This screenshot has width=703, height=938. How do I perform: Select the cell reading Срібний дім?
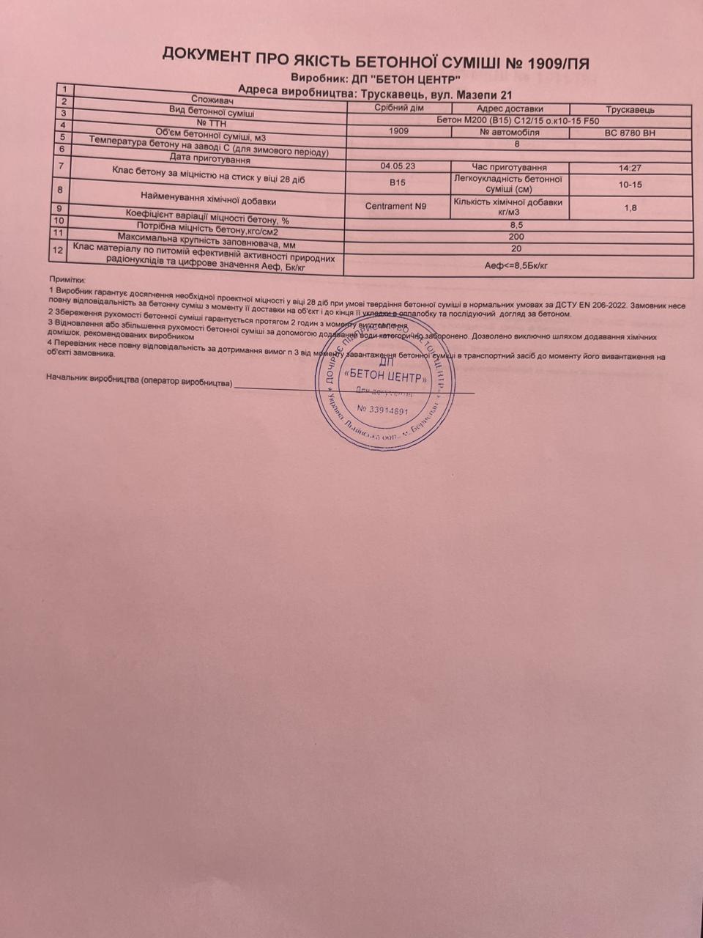pyautogui.click(x=399, y=108)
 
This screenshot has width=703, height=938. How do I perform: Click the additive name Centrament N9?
pyautogui.click(x=395, y=207)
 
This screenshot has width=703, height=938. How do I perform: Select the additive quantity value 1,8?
pyautogui.click(x=630, y=208)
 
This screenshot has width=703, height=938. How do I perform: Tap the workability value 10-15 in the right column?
pyautogui.click(x=630, y=185)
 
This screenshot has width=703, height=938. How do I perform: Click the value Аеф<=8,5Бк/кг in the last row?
pyautogui.click(x=517, y=265)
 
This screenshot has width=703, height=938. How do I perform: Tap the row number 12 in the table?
pyautogui.click(x=59, y=251)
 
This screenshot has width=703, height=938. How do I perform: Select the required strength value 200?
pyautogui.click(x=517, y=237)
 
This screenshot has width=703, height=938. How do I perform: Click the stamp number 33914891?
pyautogui.click(x=382, y=410)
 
